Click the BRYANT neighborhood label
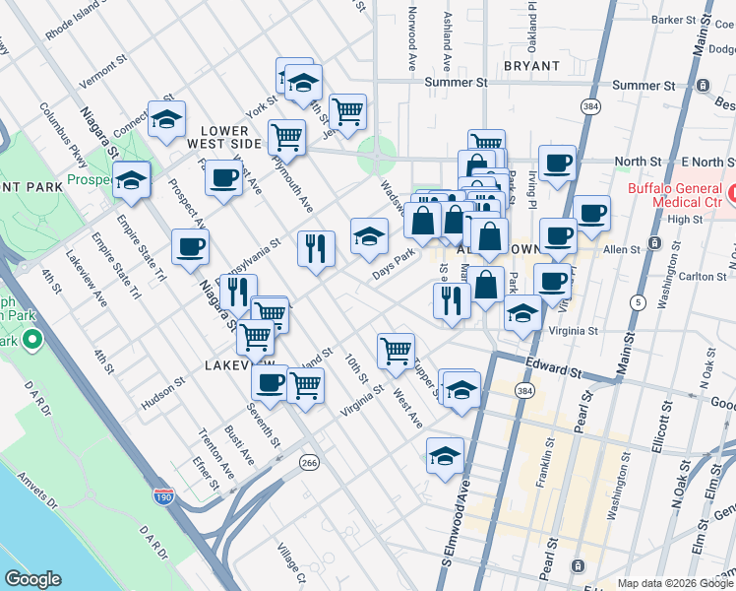[x=531, y=66]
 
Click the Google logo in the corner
[x=33, y=579]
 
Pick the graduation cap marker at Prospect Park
[x=131, y=179]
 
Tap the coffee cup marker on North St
[x=557, y=163]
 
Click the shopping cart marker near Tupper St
[x=396, y=349]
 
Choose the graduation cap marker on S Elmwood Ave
[x=445, y=455]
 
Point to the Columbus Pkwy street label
[x=63, y=134]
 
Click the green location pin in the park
[x=31, y=341]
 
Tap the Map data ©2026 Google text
[x=674, y=583]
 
